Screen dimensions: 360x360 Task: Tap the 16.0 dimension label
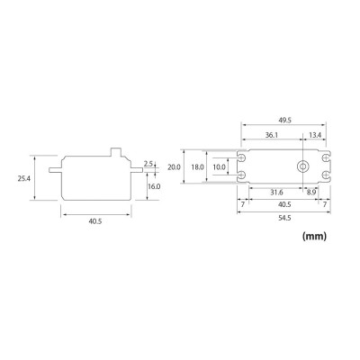pos(153,186)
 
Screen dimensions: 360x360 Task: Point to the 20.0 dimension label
pos(175,167)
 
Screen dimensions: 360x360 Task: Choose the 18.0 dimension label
pos(196,167)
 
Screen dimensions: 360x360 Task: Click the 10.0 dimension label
pos(218,167)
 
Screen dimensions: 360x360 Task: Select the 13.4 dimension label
pos(314,136)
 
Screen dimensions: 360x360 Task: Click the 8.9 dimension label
pos(310,192)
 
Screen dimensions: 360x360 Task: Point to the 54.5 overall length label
pos(284,219)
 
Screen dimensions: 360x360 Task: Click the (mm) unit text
pos(314,238)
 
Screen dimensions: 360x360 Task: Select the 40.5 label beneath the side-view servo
pos(95,219)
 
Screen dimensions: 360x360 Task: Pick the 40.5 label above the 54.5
pos(284,204)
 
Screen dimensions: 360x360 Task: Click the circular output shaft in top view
pos(305,167)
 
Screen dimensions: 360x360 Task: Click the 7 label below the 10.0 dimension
pos(244,204)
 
